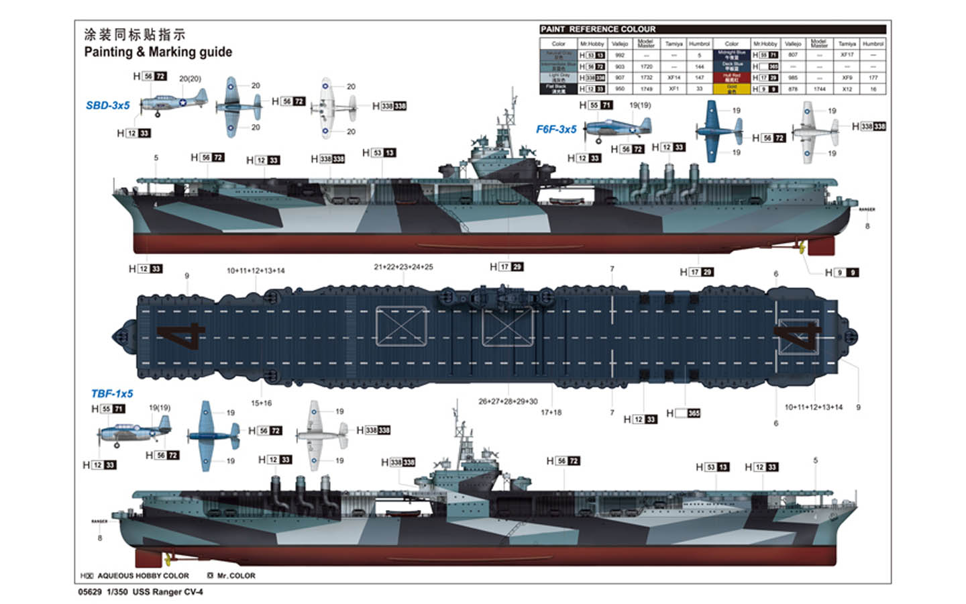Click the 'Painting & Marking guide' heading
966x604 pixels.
158,52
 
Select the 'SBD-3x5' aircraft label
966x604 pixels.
107,105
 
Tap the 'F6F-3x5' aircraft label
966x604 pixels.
556,129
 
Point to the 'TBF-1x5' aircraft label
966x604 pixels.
112,394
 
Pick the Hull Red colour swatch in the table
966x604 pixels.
731,77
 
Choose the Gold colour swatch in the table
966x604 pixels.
731,88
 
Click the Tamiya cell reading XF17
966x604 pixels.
847,55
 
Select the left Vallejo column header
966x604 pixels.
619,44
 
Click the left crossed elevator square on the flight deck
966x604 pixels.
401,326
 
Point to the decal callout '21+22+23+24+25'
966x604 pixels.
403,267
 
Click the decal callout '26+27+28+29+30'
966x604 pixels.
508,401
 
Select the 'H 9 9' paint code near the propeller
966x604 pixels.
842,272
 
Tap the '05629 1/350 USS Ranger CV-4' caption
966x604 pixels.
140,592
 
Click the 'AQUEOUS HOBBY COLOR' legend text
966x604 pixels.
142,576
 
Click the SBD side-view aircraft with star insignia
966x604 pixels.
173,103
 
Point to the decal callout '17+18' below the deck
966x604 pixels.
551,412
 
